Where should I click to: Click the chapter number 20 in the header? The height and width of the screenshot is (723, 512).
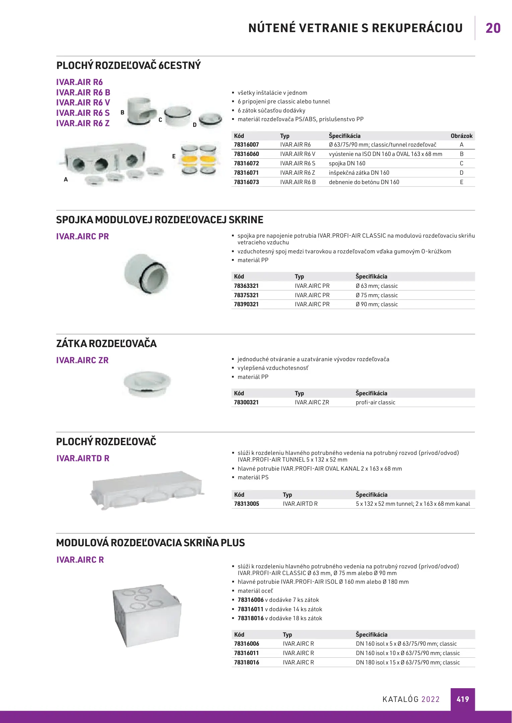493,28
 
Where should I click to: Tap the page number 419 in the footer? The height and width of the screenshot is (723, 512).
462,699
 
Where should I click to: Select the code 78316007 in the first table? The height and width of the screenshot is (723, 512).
246,145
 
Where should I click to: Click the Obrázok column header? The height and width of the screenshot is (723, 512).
461,136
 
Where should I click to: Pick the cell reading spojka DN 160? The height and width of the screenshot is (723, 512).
347,163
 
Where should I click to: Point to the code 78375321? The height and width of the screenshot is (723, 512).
246,295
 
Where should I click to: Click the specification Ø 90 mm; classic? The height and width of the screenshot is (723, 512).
377,304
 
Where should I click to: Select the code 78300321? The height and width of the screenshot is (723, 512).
246,402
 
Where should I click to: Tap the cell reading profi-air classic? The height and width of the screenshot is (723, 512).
375,402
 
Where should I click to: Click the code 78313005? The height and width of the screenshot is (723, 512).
246,504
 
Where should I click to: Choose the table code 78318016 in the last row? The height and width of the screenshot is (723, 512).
246,662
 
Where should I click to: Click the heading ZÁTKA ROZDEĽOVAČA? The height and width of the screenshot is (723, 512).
106,344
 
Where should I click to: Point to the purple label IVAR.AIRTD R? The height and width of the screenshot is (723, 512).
83,458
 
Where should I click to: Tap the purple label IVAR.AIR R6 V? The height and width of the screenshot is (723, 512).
83,103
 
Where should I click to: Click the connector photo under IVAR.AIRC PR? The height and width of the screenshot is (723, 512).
146,274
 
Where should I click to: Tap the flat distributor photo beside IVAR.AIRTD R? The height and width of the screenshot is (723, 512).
147,490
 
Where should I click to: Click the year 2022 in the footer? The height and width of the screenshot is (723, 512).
430,699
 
